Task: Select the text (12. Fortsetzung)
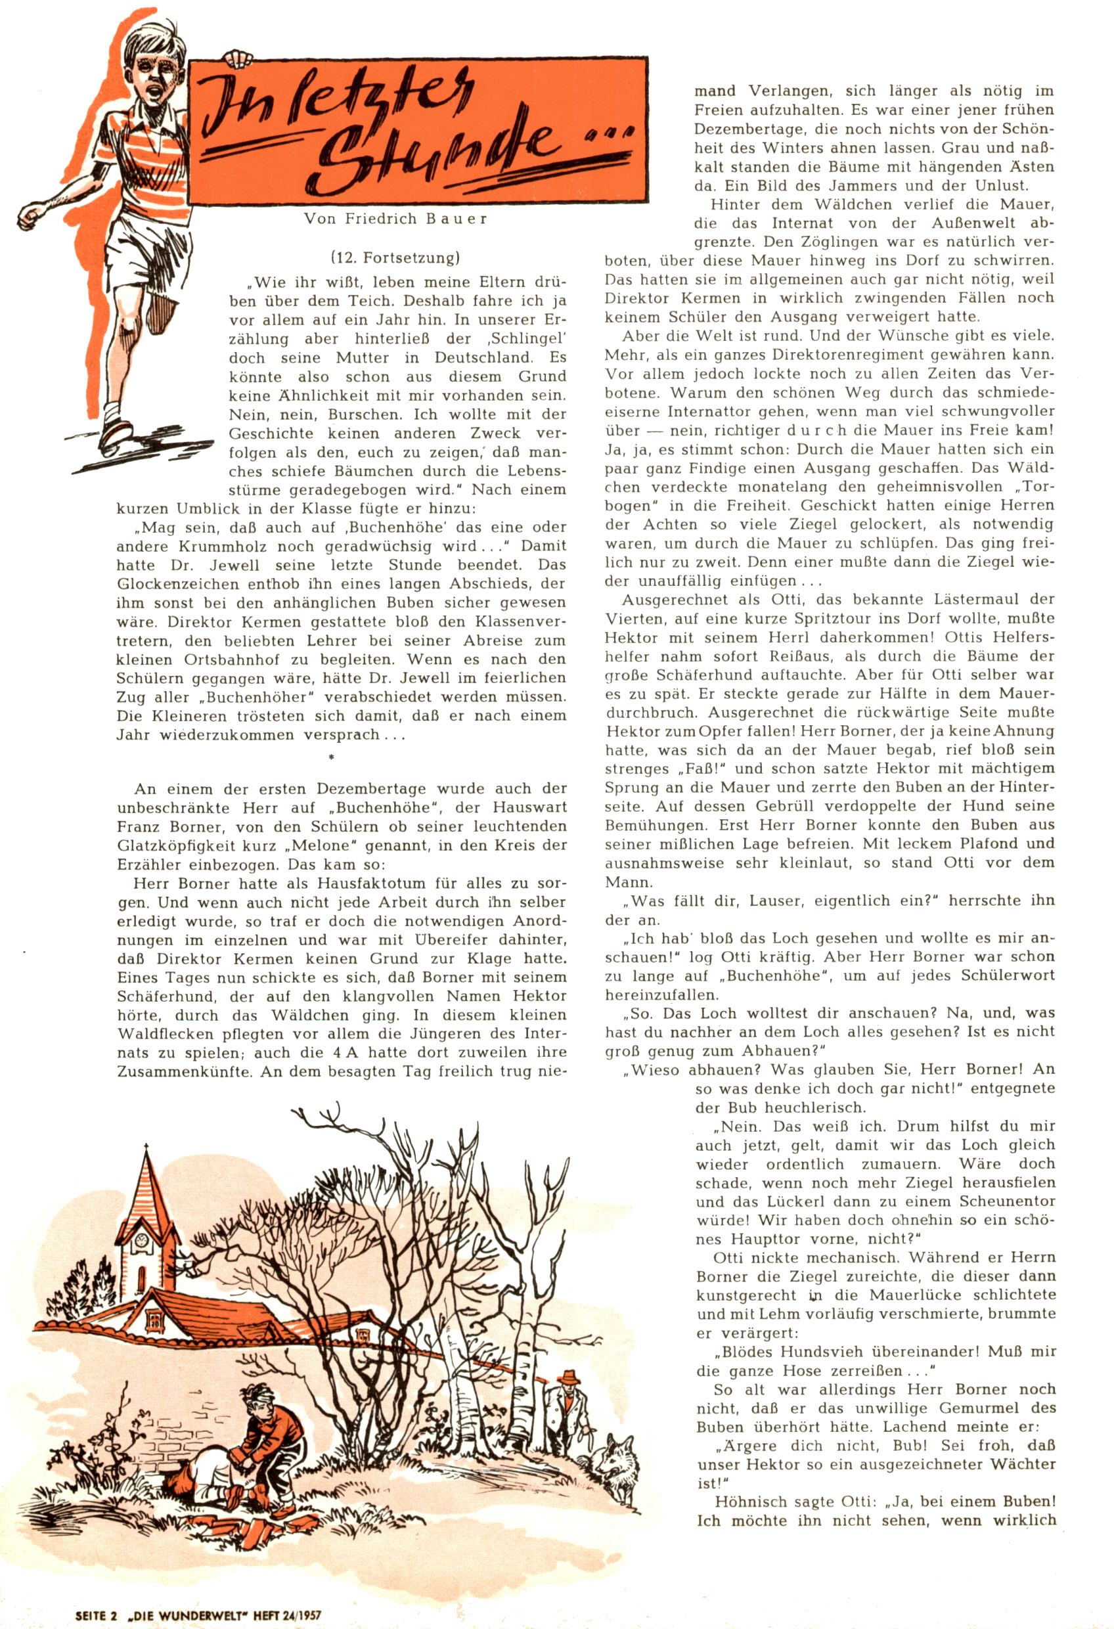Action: point(395,259)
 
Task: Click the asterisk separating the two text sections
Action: point(332,758)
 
